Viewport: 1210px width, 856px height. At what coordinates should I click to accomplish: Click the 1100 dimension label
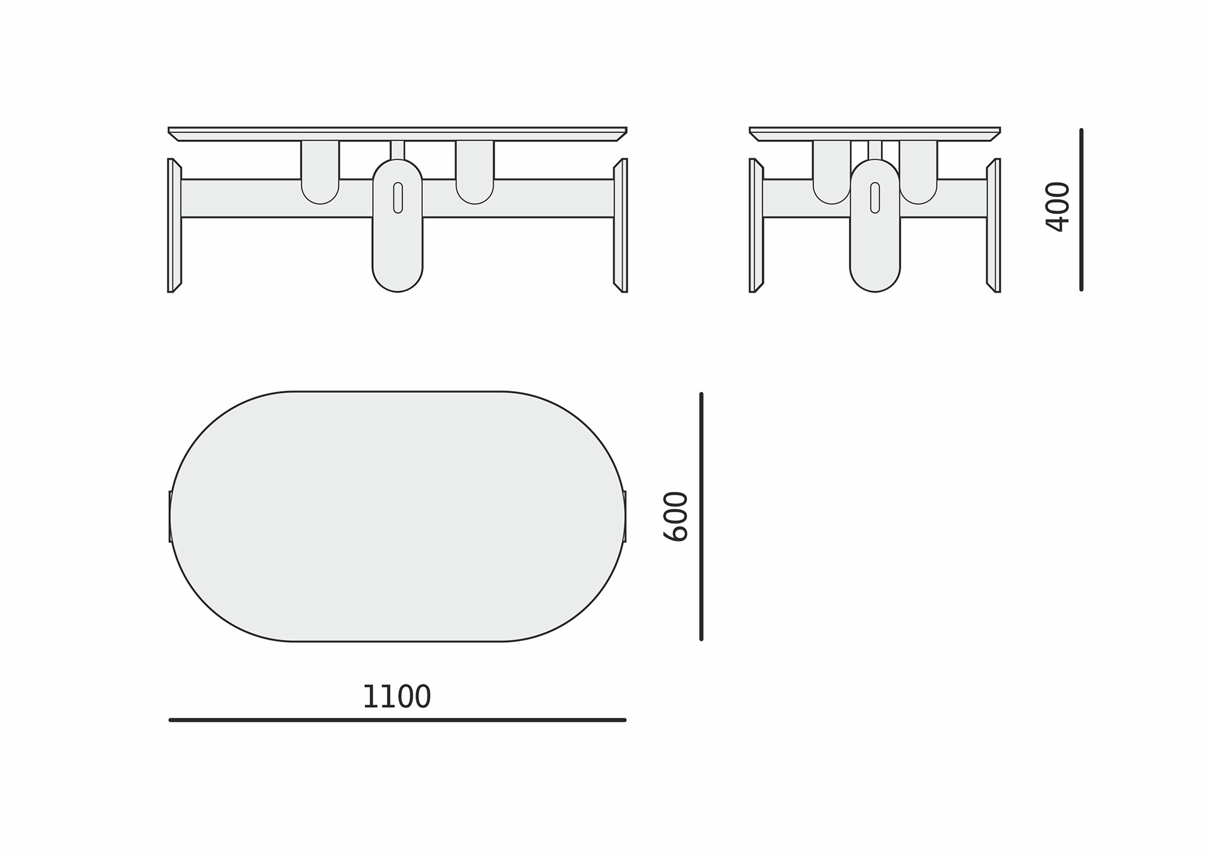[x=396, y=697]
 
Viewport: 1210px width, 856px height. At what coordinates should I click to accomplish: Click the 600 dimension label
[x=676, y=517]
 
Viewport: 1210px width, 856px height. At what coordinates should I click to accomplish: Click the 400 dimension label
[x=1057, y=207]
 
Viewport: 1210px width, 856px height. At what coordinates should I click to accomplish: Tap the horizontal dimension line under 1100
[x=397, y=720]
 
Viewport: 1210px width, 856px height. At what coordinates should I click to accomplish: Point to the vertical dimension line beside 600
[x=701, y=517]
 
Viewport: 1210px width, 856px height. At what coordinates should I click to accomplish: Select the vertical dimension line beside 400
[x=1081, y=209]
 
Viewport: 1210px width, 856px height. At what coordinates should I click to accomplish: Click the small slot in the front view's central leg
[x=398, y=197]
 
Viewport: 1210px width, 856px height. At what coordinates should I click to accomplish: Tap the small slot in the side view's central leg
[x=875, y=197]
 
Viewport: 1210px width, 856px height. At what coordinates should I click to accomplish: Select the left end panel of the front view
[x=174, y=225]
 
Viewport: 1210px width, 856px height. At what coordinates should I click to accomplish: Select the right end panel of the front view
[x=621, y=225]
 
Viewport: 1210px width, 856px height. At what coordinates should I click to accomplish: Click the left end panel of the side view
[x=756, y=225]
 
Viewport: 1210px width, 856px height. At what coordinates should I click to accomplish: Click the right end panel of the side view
[x=994, y=225]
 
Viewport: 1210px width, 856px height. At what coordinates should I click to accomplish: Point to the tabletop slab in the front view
[x=397, y=134]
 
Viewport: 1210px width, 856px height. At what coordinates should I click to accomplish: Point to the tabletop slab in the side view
[x=875, y=134]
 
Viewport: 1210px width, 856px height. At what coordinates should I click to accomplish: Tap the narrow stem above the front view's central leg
[x=398, y=150]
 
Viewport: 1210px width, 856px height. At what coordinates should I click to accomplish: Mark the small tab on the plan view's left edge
[x=170, y=516]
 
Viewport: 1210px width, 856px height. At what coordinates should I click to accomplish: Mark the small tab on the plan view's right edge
[x=625, y=516]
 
